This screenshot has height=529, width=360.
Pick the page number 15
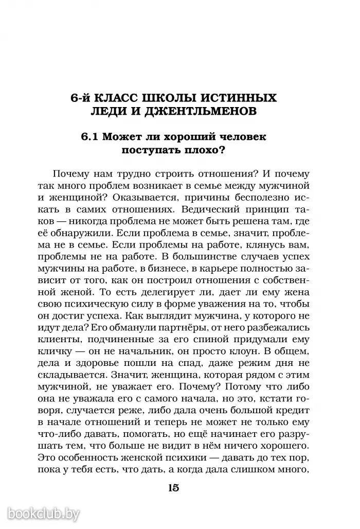point(173,488)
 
